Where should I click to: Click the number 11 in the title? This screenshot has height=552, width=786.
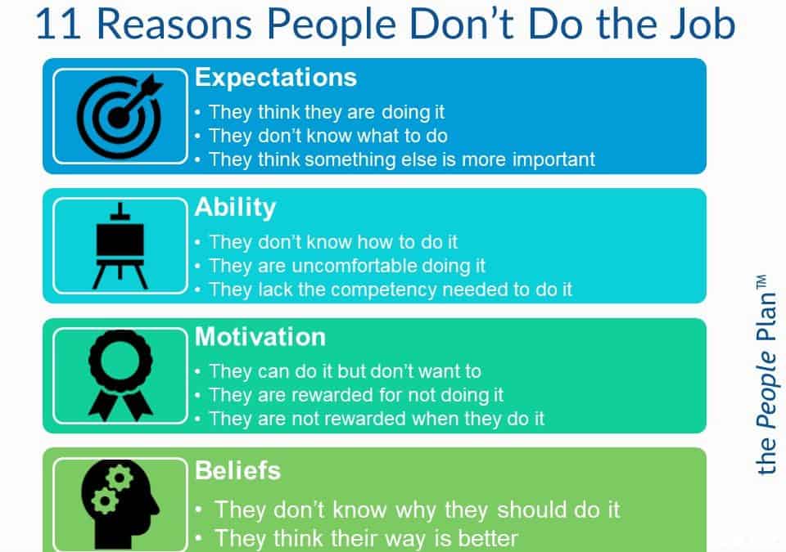[x=58, y=24]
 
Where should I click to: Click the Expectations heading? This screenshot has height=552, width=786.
[x=276, y=78]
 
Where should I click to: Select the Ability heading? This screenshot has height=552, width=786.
[x=235, y=208]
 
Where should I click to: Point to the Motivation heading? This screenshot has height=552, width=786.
[x=260, y=337]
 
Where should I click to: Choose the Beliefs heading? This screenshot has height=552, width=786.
[x=237, y=470]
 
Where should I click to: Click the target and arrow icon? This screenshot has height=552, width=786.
[x=120, y=115]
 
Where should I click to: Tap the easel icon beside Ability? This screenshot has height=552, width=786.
[x=120, y=245]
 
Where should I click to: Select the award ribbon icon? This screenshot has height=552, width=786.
[x=120, y=375]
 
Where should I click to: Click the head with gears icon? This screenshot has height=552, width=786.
[x=120, y=505]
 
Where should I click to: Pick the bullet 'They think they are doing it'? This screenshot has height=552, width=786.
[x=327, y=112]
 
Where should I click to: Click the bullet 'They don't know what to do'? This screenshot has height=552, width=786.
[x=327, y=136]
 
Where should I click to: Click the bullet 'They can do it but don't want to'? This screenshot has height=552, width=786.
[x=345, y=371]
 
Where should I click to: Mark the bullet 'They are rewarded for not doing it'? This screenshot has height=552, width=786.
[x=356, y=395]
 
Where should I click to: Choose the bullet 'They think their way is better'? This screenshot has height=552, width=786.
[x=366, y=538]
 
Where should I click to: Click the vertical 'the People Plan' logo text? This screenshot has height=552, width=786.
[x=766, y=375]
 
